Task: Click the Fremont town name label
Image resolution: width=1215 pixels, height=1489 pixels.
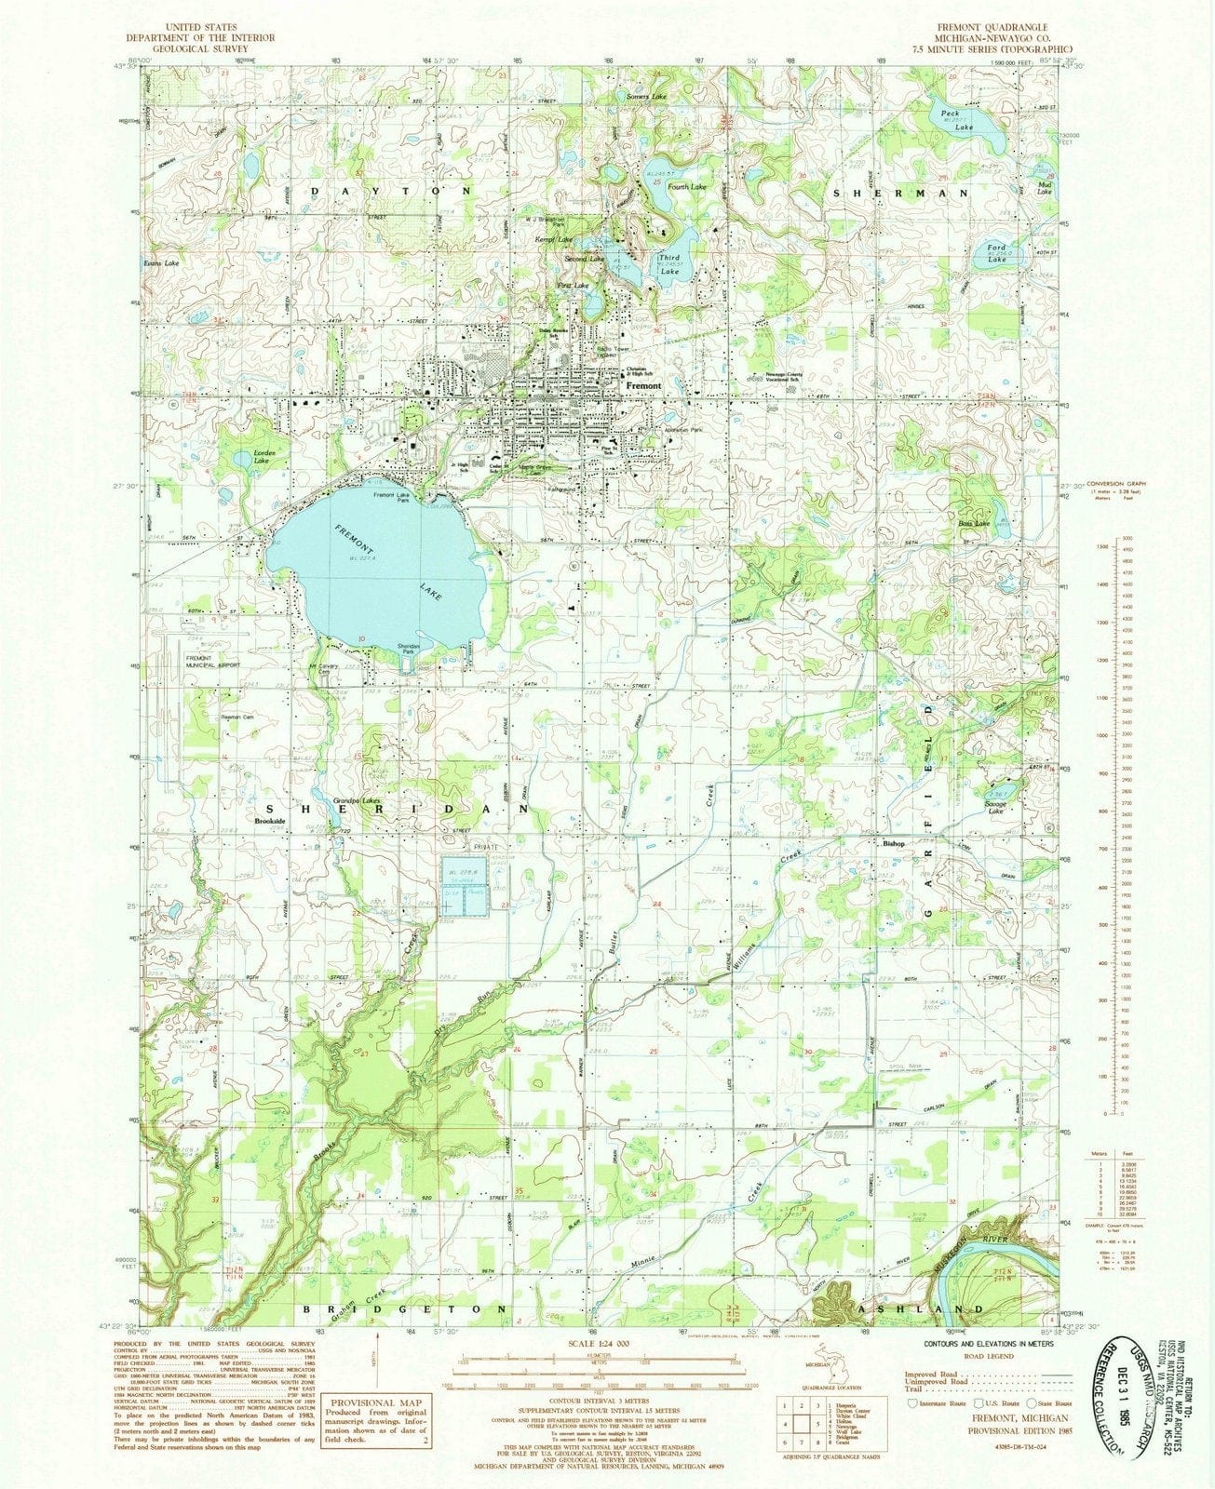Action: (x=643, y=385)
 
